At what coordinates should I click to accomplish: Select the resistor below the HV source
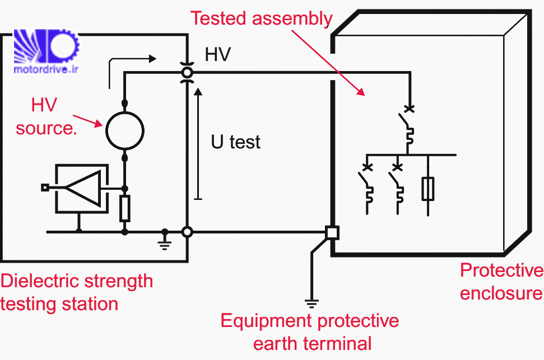tap(124, 209)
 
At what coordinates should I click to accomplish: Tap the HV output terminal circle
tap(187, 72)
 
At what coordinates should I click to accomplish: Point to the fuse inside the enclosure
tap(428, 189)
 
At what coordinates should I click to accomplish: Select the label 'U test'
tap(235, 142)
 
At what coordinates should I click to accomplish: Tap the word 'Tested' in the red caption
tap(219, 18)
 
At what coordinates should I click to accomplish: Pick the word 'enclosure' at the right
tap(501, 293)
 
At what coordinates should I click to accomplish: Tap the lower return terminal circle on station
tap(188, 231)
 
